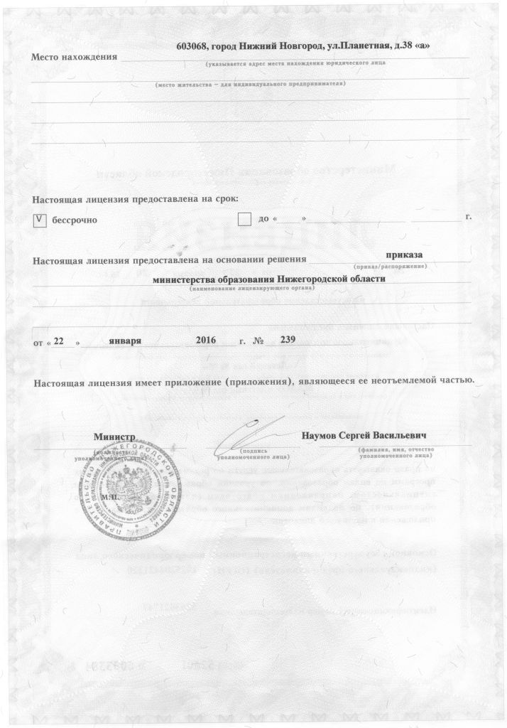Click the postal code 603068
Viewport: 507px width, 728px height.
pos(191,45)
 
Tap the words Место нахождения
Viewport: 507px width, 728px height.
pos(73,57)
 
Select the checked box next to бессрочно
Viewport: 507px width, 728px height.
pos(40,220)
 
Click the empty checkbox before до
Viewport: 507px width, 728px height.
pos(245,219)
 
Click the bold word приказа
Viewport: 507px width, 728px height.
pos(403,255)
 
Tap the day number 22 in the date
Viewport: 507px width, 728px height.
pos(60,341)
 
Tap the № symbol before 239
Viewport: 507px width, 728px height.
pos(258,341)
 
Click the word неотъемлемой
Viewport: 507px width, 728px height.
pos(404,381)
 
